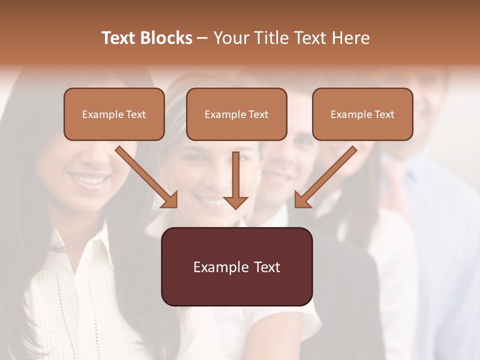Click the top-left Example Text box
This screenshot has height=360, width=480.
click(x=114, y=114)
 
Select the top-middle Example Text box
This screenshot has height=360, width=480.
click(x=236, y=114)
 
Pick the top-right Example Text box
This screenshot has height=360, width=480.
click(x=362, y=114)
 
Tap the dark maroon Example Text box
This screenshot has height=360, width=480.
click(x=236, y=267)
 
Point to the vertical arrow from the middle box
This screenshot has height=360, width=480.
click(x=235, y=175)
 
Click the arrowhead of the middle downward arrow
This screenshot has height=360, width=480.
click(x=235, y=202)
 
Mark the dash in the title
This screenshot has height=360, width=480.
click(x=202, y=38)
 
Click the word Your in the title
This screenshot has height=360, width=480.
click(x=230, y=38)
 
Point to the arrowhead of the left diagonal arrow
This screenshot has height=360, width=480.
click(x=170, y=200)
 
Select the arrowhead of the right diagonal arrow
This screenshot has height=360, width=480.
click(x=302, y=200)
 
